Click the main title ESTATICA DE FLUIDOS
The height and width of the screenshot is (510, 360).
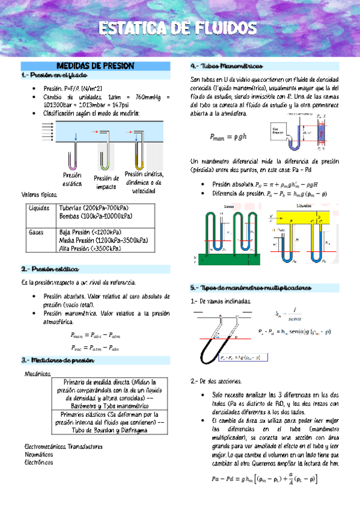click(x=179, y=28)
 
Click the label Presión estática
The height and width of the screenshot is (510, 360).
click(x=72, y=179)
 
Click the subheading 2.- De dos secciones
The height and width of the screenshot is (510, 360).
click(x=216, y=381)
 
